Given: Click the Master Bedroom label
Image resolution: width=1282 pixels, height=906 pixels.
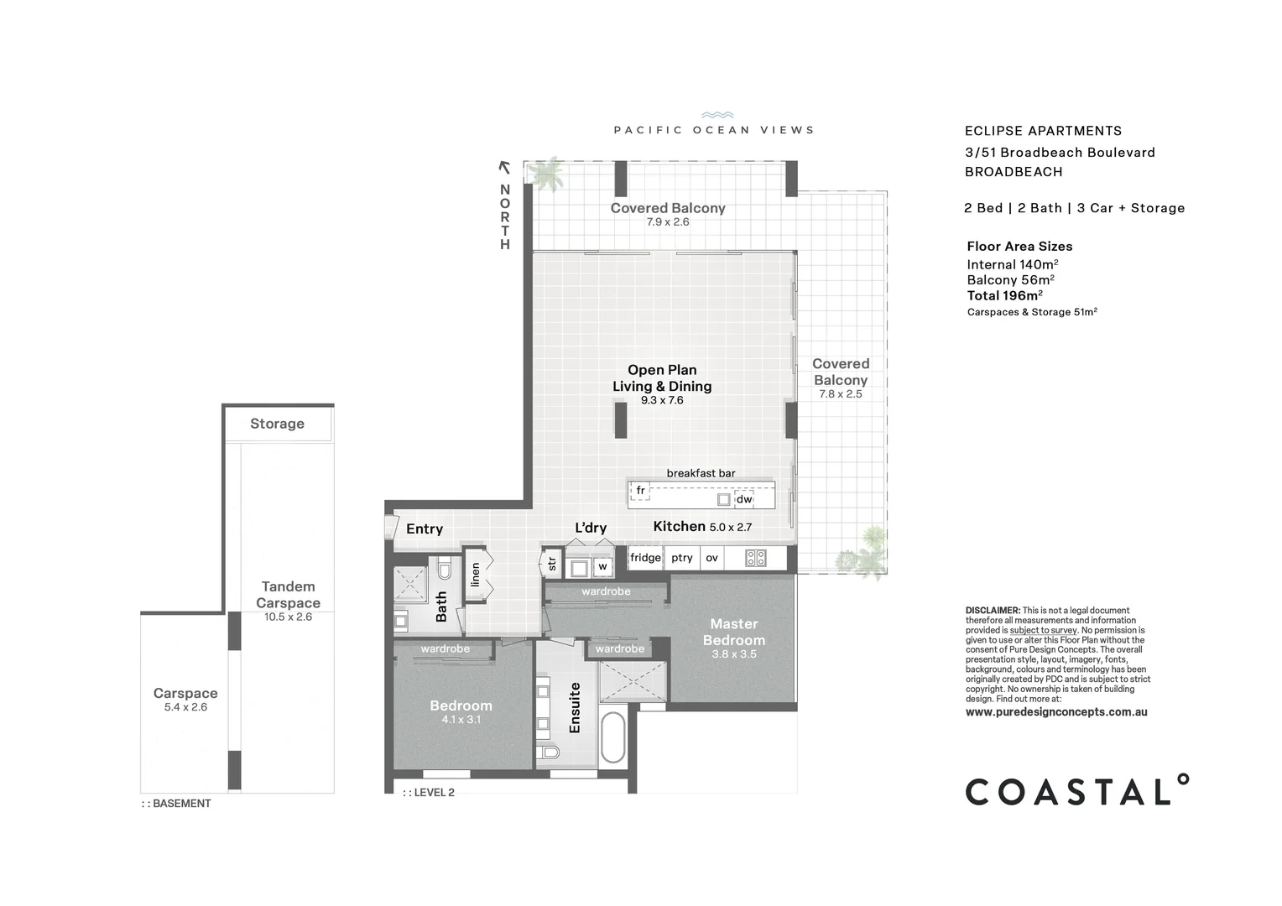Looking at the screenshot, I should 733,632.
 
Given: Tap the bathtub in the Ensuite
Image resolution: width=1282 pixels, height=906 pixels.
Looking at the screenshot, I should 612,737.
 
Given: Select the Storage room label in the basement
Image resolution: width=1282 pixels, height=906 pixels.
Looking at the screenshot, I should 277,424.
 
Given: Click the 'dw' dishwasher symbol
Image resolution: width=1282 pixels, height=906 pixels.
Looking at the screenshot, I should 744,499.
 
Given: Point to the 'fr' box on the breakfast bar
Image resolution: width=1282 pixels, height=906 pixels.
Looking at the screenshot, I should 640,491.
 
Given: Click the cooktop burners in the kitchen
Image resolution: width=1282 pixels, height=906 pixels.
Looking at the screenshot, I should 755,558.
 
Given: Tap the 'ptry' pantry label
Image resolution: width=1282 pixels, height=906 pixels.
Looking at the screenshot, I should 682,558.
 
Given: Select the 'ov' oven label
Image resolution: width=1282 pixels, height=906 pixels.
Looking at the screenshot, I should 711,558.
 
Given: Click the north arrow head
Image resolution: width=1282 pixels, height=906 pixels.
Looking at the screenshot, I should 504,167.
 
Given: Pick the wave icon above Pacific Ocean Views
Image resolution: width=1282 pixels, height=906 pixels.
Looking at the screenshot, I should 717,116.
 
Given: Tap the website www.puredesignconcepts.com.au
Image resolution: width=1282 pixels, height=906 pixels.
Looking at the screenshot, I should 1056,712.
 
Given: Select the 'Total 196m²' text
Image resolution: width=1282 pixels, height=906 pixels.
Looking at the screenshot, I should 1004,295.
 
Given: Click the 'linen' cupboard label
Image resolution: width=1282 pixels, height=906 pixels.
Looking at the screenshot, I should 476,575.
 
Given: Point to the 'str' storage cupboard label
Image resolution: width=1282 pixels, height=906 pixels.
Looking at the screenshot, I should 552,564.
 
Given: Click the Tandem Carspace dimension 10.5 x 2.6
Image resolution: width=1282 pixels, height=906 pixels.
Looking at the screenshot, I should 288,617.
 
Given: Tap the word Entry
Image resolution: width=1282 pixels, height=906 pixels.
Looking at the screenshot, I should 425,528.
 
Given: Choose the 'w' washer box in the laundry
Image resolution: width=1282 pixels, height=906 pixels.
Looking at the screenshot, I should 602,567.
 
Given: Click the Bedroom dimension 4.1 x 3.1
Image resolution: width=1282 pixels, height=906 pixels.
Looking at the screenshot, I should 461,720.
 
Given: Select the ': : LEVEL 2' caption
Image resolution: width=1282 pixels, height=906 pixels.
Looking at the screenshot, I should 429,793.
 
